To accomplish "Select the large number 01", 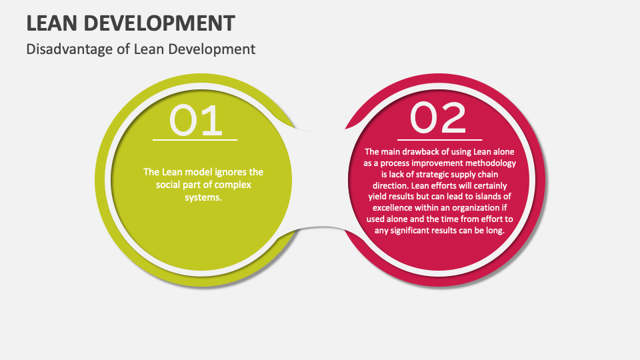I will pyautogui.click(x=195, y=121).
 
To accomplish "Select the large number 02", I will pyautogui.click(x=438, y=118).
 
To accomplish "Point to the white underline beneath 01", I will pyautogui.click(x=195, y=140).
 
